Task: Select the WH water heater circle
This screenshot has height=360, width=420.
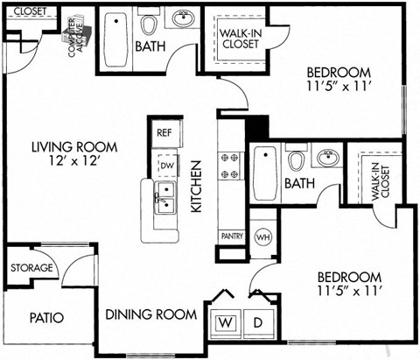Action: tap(262, 237)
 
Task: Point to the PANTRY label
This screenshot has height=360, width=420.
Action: tap(232, 236)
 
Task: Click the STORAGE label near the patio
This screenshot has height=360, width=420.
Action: tap(32, 267)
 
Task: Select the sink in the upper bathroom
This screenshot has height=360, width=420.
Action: tap(184, 18)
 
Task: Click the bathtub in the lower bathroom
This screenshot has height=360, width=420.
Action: tap(264, 173)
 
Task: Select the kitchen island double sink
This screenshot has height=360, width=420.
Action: tap(164, 196)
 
